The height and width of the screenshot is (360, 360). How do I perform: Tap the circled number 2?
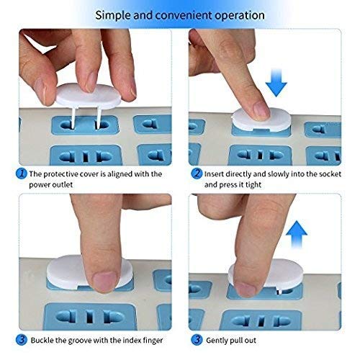[196, 174]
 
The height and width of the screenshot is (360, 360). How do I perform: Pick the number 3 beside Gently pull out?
[196, 340]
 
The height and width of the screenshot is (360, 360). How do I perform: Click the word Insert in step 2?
[217, 174]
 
